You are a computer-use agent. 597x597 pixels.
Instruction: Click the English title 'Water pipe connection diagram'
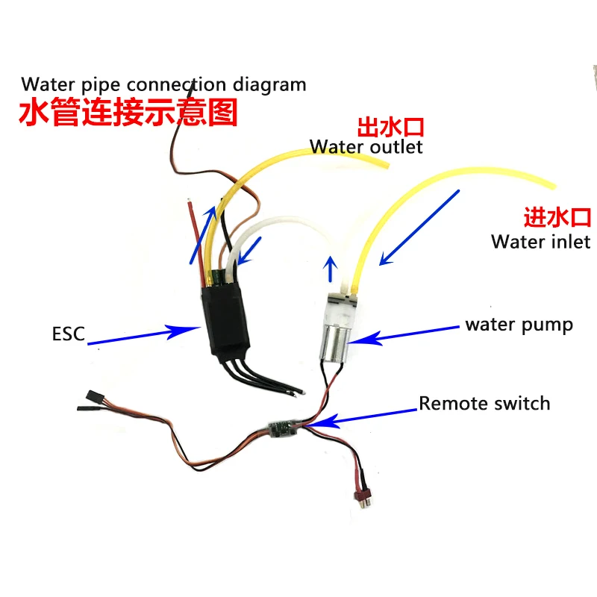pos(164,84)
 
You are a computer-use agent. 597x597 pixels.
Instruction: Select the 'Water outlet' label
pos(366,146)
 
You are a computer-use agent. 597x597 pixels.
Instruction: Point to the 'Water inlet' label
pos(540,241)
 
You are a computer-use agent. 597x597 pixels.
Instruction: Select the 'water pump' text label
pos(519,325)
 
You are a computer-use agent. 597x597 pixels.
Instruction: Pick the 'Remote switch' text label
pos(484,404)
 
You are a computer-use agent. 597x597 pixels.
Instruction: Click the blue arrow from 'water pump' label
pos(407,333)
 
